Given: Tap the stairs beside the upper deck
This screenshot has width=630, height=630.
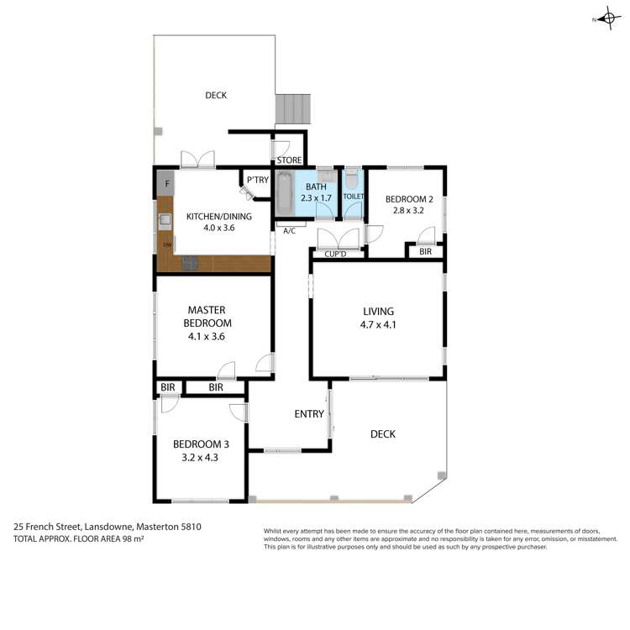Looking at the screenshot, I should click(x=292, y=108).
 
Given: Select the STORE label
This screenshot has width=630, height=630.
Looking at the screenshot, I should click(x=289, y=160).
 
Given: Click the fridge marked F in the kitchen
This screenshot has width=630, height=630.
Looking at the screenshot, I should click(x=167, y=183).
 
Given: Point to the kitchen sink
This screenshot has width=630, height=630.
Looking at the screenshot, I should click(x=165, y=221).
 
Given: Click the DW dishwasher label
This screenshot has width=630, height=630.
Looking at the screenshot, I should click(x=167, y=245).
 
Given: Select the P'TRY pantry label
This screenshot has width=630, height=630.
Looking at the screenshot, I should click(x=256, y=179).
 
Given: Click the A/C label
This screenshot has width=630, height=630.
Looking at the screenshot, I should click(x=289, y=230).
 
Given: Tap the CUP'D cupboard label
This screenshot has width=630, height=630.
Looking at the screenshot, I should click(x=336, y=254).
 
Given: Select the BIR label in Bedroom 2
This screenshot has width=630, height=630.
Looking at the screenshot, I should click(x=425, y=251).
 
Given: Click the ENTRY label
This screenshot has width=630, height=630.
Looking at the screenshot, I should click(x=308, y=413).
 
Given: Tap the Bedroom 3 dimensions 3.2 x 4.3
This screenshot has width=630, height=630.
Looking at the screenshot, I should click(x=201, y=458).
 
